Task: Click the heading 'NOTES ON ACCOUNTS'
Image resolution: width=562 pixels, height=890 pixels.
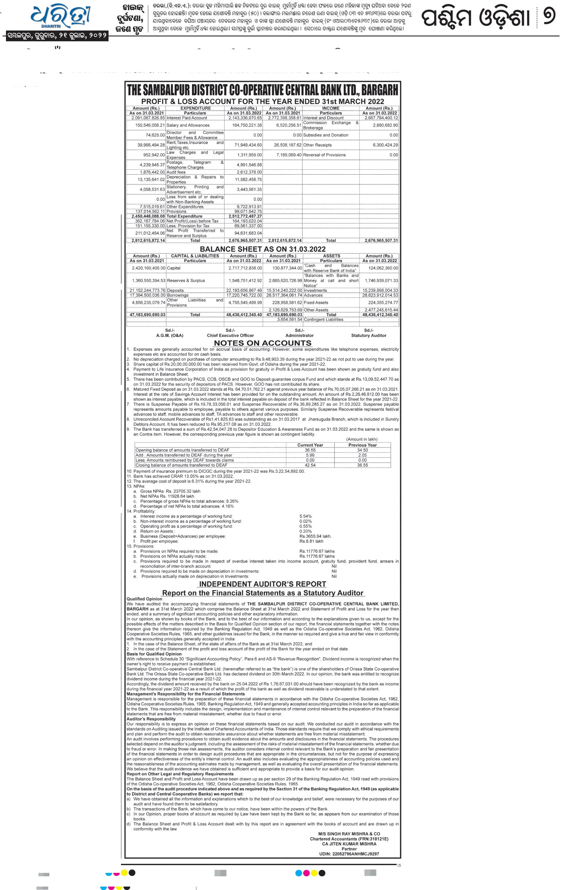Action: click(262, 343)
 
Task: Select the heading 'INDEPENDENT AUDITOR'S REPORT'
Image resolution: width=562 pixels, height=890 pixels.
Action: click(263, 584)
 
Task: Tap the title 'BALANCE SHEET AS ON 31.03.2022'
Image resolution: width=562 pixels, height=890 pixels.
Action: click(263, 249)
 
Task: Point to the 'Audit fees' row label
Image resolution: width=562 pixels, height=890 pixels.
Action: click(176, 172)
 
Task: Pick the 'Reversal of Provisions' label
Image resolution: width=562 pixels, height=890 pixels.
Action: click(324, 155)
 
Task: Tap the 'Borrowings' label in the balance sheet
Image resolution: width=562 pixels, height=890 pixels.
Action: click(178, 295)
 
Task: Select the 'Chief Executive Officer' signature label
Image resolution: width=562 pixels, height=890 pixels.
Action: click(230, 336)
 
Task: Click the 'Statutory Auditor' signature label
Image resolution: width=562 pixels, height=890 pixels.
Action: click(368, 336)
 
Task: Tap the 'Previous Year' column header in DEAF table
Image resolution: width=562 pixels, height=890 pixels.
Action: click(362, 445)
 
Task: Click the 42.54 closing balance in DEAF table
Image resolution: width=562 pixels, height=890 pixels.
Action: click(310, 465)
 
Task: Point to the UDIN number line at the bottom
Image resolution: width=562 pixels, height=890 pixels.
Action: click(349, 861)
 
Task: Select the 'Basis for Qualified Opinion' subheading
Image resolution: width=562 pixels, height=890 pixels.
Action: click(154, 654)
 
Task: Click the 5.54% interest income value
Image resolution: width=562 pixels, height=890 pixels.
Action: click(305, 516)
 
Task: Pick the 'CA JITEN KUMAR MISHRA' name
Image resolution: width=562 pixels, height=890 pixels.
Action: click(349, 852)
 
